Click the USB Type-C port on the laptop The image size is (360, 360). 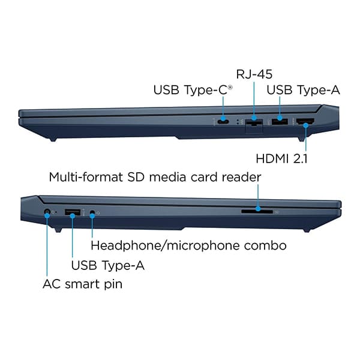coord(223,121)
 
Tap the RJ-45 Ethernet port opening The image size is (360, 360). coord(254,122)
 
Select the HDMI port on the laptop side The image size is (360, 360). coord(305,121)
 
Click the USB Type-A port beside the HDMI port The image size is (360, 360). coord(280,121)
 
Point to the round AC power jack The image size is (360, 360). coord(47,212)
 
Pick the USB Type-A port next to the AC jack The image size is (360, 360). coord(73,212)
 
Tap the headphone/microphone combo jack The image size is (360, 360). coord(92,212)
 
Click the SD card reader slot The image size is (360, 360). coord(257,211)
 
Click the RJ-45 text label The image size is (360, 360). coord(254,74)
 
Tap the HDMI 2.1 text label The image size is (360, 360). coord(281,158)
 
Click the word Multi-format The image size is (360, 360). coord(86,177)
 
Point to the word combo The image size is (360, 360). coord(265,245)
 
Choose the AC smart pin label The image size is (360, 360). coord(82,284)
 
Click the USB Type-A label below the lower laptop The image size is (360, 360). coord(107,265)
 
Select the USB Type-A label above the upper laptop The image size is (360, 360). coord(303,90)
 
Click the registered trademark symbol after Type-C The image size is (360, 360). coord(230,87)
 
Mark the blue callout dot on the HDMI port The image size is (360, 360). coord(305,125)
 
